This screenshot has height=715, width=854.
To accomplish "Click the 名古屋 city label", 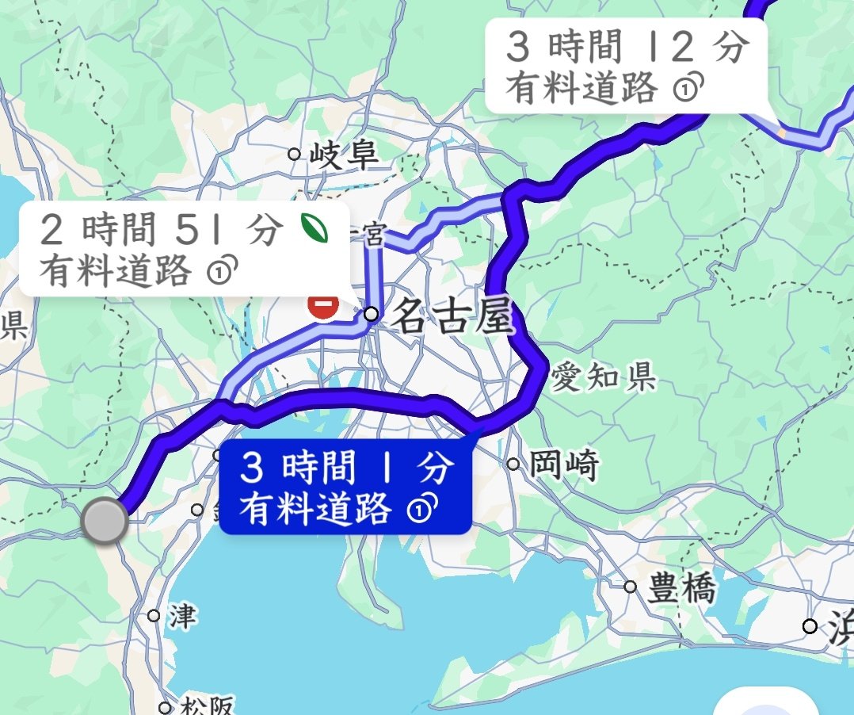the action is (x=452, y=318).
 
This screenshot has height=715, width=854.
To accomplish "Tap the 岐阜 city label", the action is (x=344, y=155).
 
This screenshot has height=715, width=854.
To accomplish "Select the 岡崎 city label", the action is (x=563, y=465).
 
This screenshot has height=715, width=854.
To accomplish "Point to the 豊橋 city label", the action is (x=681, y=589).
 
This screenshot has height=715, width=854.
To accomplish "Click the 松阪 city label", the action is (x=204, y=706).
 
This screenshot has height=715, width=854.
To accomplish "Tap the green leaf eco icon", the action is (x=314, y=230).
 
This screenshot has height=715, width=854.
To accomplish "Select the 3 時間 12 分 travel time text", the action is (x=626, y=48).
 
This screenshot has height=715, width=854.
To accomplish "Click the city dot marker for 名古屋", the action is (x=371, y=315).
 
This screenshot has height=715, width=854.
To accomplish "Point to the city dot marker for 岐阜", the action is (x=295, y=154).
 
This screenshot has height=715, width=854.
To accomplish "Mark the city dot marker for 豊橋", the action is (x=630, y=587).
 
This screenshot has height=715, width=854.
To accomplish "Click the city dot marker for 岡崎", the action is (x=513, y=465).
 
